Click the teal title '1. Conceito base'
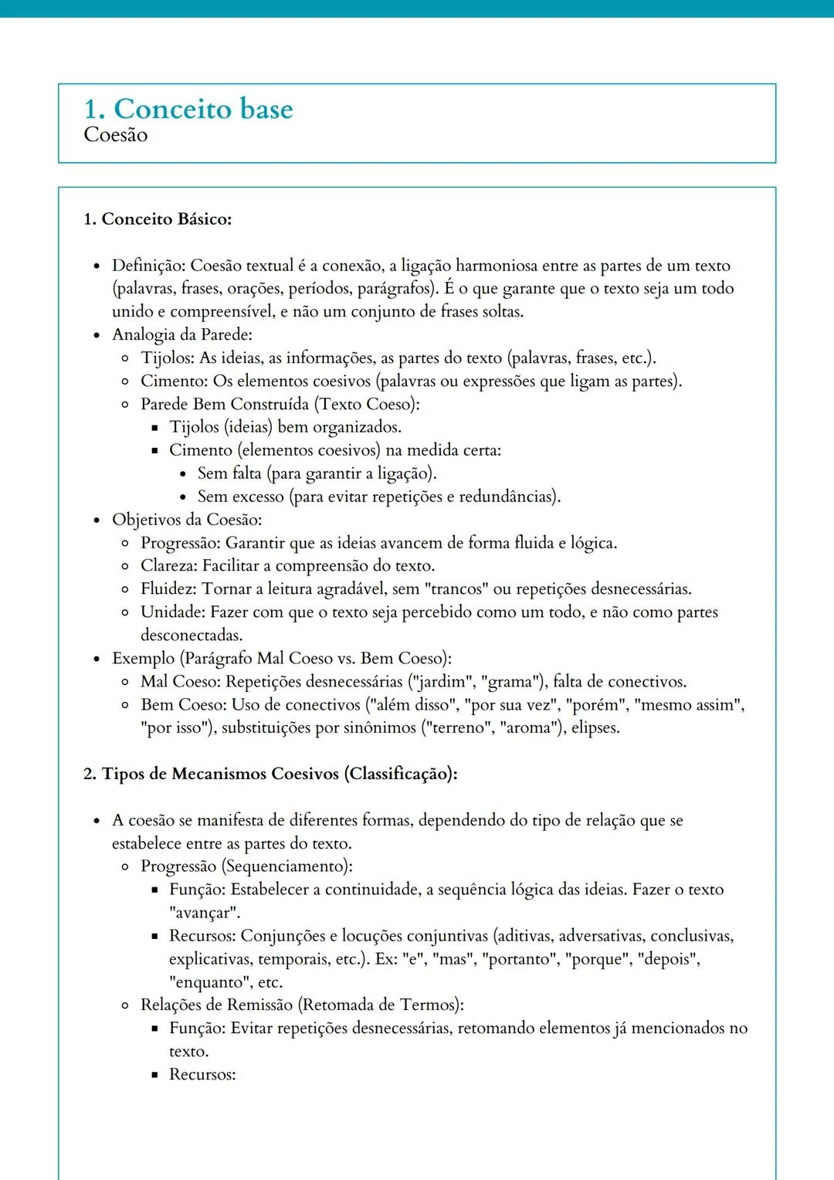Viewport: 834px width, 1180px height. pos(188,109)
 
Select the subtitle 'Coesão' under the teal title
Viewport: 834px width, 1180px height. pos(115,135)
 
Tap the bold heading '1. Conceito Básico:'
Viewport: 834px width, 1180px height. pos(158,219)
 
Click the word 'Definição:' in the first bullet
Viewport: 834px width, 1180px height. pos(148,266)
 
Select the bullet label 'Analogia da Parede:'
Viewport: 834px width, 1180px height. pos(182,335)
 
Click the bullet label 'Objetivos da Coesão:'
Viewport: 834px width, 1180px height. pos(187,520)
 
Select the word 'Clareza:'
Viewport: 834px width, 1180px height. pos(169,566)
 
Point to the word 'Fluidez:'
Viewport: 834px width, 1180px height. pos(169,589)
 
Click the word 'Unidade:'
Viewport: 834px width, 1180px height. pos(173,612)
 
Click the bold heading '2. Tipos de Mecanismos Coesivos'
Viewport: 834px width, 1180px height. pos(270,774)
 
